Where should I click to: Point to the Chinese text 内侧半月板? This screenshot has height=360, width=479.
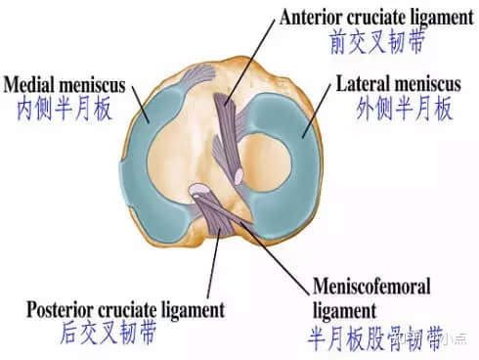[x=59, y=108]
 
